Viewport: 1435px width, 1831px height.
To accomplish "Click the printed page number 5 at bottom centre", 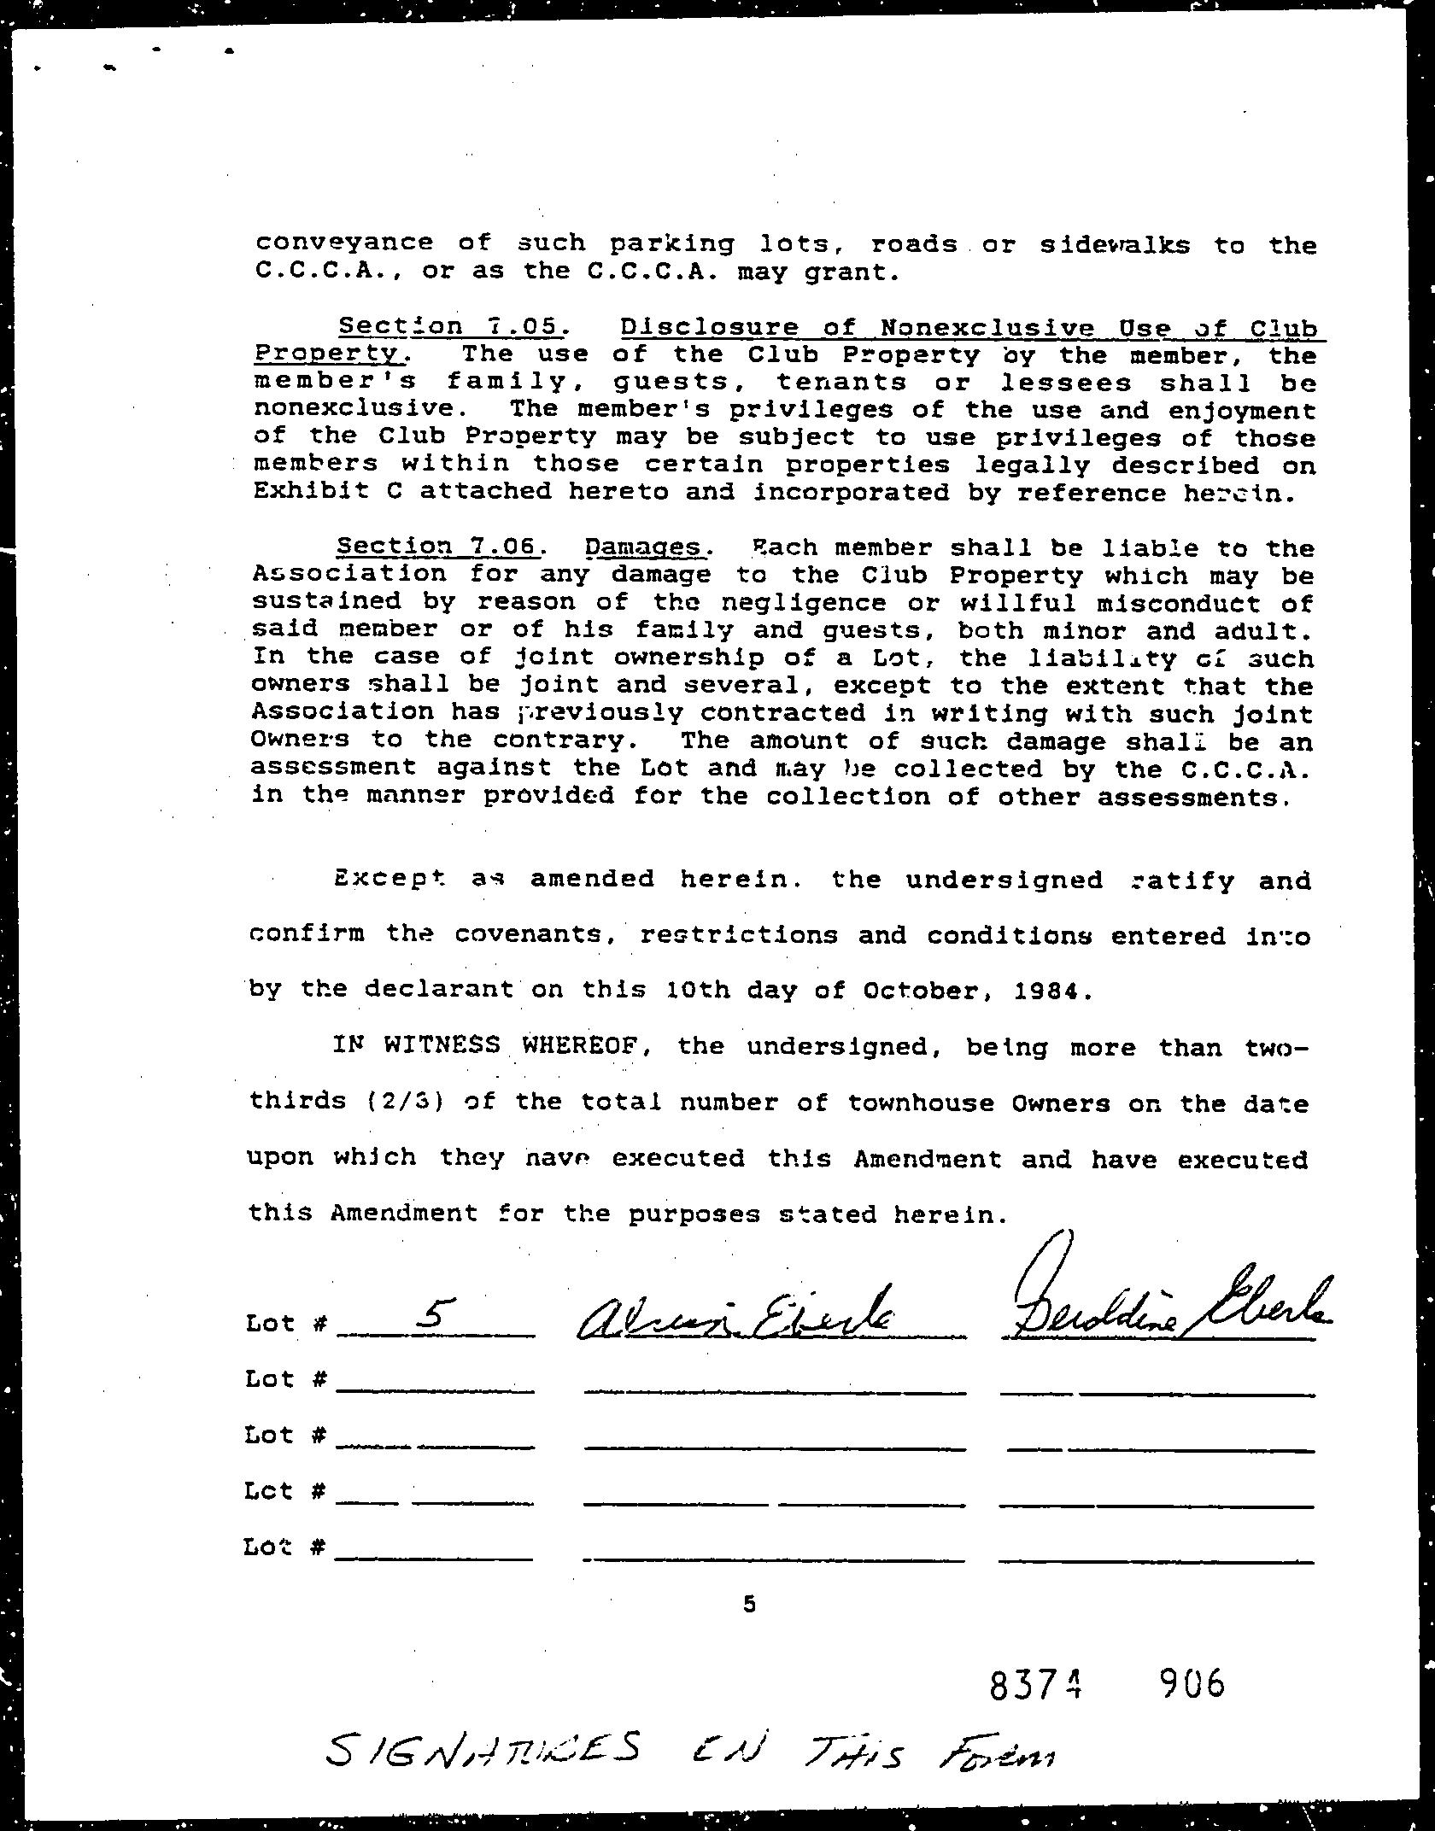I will tap(749, 1604).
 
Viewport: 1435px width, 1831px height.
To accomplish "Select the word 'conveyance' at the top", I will tap(344, 243).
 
